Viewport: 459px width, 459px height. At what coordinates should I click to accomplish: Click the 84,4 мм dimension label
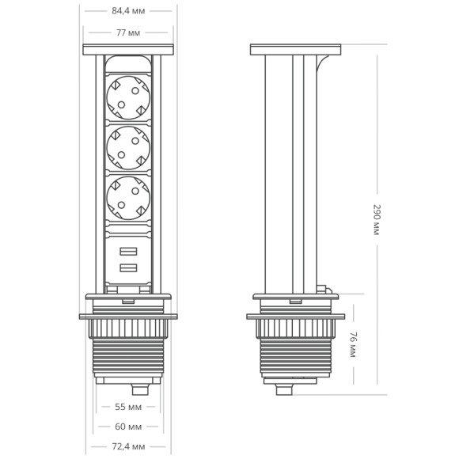[127, 11]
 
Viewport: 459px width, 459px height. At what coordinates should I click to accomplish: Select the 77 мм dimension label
[127, 32]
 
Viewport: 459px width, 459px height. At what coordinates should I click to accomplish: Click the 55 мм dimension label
[127, 407]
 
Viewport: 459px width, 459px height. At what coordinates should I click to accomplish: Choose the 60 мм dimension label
[127, 427]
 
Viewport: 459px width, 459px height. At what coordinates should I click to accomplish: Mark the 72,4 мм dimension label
[127, 447]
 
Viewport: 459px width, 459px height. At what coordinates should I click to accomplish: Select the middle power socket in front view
[127, 146]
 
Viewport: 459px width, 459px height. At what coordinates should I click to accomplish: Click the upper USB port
[127, 253]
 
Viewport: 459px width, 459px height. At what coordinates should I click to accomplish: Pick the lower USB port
[127, 269]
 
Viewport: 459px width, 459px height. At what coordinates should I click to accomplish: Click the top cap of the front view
[127, 50]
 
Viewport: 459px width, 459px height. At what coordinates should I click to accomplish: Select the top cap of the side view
[295, 50]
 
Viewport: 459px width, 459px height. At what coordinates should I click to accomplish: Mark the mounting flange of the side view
[295, 317]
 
